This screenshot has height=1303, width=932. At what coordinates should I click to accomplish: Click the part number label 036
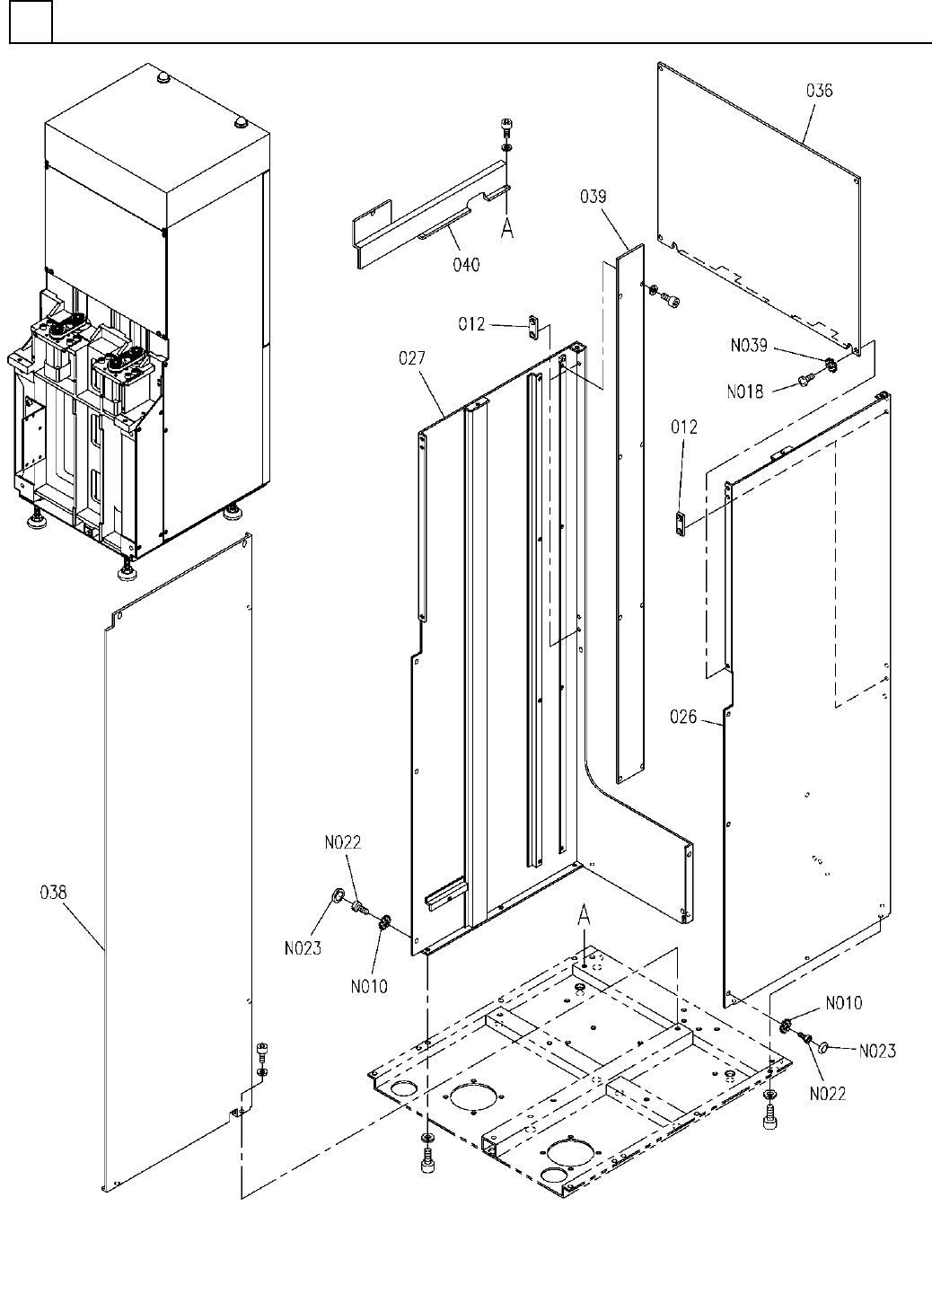coord(819,90)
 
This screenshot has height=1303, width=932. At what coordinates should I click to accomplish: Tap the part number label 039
coord(593,197)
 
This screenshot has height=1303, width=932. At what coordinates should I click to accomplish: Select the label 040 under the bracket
coord(466,265)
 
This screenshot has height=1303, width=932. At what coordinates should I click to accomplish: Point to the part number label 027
coord(412,358)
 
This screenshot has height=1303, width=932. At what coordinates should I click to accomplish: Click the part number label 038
coord(53,893)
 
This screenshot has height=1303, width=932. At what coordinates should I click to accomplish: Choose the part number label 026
coord(683,717)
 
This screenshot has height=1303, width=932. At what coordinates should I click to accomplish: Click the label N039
coord(750,346)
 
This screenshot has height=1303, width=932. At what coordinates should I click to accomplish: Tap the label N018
coord(745,392)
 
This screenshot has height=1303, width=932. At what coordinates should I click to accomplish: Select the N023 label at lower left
coord(303,949)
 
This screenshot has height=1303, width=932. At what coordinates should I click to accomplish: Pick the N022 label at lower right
coord(828,1094)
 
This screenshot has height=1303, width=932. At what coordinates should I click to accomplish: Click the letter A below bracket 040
coord(507,229)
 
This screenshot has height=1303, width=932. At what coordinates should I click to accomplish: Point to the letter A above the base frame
coord(585,918)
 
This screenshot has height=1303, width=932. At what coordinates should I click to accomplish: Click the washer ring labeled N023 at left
coord(337,897)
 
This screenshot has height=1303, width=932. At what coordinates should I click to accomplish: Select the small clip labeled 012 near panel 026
coord(681,523)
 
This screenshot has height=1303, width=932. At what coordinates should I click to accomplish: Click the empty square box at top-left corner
coord(31,22)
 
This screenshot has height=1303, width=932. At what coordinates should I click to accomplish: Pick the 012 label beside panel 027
coord(471,324)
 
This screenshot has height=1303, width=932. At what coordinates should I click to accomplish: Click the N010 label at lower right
coord(844,1003)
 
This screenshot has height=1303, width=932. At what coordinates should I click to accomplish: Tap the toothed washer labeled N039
coord(831,365)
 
